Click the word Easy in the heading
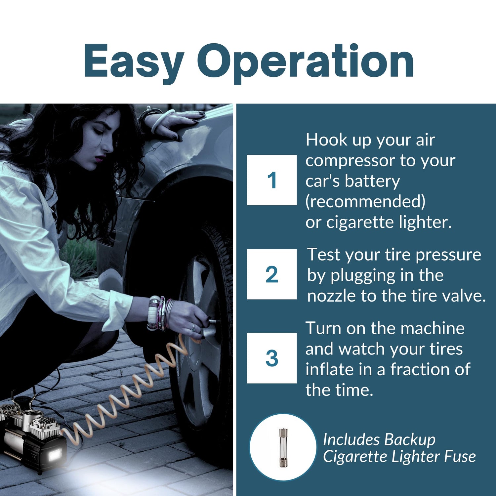[134, 62]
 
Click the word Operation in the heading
[305, 62]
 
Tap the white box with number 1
[272, 180]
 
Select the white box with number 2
[272, 274]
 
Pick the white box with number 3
[272, 358]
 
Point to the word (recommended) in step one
[365, 201]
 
